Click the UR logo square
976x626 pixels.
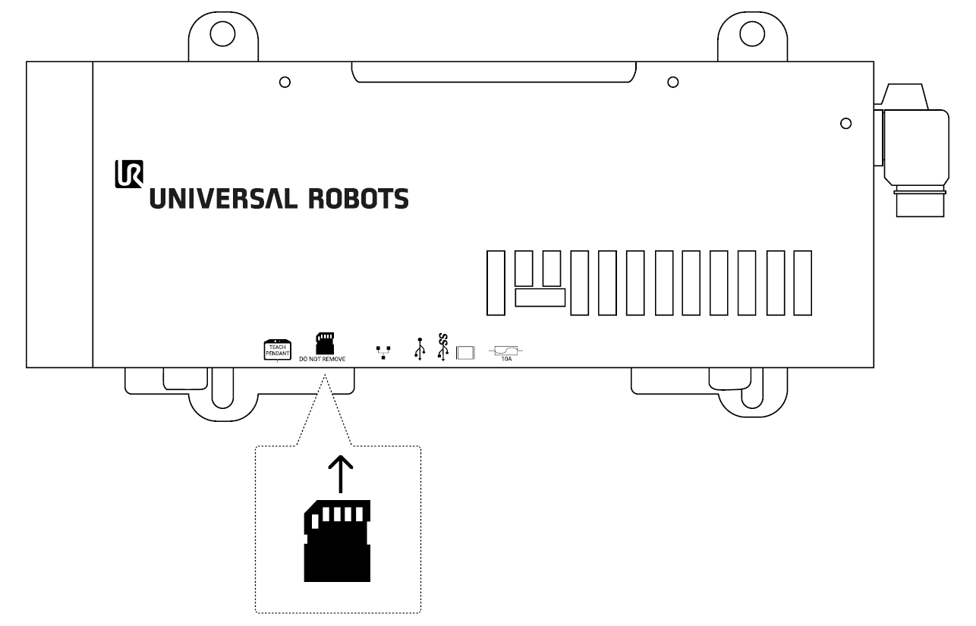coord(129,174)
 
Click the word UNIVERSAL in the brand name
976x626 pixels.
coord(223,199)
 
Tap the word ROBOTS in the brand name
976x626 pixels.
coord(358,199)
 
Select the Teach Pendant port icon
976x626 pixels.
coord(278,351)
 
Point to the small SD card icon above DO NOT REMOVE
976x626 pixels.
coord(325,344)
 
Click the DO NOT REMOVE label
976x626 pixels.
coord(323,359)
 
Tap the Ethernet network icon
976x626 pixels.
coord(383,352)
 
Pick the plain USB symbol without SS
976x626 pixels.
coord(420,349)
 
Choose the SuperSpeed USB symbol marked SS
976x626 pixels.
coord(442,348)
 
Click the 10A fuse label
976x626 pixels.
coord(506,359)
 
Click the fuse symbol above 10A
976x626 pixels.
coord(506,351)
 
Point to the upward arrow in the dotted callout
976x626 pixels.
coord(341,474)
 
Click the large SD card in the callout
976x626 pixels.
coord(337,540)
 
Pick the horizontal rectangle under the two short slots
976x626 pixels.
coord(540,297)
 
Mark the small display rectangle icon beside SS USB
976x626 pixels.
coord(465,353)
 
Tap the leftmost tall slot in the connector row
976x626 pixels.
coord(496,283)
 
